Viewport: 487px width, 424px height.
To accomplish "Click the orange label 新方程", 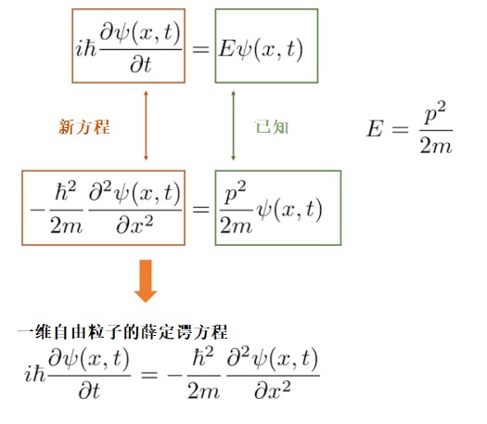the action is (x=83, y=127).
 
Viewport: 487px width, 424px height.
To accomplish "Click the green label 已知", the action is (x=272, y=127).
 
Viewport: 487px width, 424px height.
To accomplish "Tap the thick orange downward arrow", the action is (x=146, y=281).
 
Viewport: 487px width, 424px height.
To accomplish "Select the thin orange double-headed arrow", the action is (x=146, y=125).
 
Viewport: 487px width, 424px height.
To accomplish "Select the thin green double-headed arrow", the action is (x=233, y=125).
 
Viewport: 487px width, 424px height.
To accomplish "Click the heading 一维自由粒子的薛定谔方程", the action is (x=123, y=332).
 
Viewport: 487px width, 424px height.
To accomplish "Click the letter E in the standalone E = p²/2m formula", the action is (x=375, y=129).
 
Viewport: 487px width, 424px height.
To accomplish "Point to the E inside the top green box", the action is (x=226, y=49).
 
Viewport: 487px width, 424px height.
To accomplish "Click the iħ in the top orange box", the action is (x=86, y=49).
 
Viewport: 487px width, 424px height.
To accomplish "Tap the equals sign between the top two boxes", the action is (x=200, y=49).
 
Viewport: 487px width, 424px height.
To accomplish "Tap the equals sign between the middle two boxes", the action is (x=201, y=209).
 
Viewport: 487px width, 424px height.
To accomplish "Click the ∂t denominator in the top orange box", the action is (x=141, y=65).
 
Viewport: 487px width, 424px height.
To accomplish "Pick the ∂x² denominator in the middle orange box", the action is (x=135, y=225).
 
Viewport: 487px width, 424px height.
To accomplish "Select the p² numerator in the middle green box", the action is (x=235, y=192).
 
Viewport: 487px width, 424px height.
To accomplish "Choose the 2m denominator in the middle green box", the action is (x=236, y=225).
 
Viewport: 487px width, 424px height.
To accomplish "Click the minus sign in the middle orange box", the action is (x=38, y=210).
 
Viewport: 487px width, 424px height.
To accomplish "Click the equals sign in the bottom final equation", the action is (x=149, y=375).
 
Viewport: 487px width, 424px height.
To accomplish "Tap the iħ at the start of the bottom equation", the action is (x=35, y=374).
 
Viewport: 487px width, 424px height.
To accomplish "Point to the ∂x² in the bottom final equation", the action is (x=273, y=391).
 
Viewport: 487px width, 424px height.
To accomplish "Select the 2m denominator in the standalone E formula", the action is (x=436, y=146).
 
